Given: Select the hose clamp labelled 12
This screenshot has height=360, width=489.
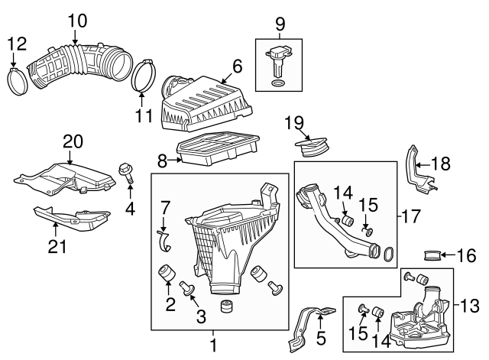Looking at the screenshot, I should (x=23, y=79).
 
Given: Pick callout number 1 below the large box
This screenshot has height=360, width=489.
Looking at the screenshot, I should (x=214, y=345).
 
